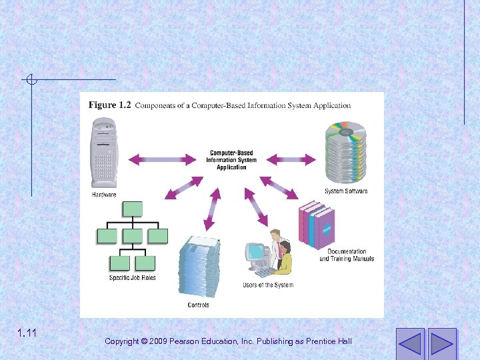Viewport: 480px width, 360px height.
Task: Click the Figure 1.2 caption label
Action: tap(111, 105)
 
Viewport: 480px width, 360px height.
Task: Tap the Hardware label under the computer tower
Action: tap(104, 195)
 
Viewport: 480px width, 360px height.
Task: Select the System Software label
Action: tap(346, 191)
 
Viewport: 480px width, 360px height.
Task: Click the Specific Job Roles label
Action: tap(133, 277)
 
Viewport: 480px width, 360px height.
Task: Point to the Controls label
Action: tap(198, 305)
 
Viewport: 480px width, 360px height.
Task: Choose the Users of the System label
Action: tap(268, 285)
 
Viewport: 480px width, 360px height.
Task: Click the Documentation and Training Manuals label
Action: tap(347, 255)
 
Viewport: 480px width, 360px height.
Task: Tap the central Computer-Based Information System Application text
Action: tap(231, 160)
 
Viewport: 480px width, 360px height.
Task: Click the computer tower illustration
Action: tap(105, 153)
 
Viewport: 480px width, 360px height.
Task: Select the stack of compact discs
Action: tap(346, 152)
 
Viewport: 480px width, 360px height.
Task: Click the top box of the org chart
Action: tap(133, 209)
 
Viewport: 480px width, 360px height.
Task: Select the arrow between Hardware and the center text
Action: tap(158, 159)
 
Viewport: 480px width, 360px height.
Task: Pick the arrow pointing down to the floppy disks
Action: tap(213, 206)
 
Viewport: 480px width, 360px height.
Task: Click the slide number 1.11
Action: tap(27, 333)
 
